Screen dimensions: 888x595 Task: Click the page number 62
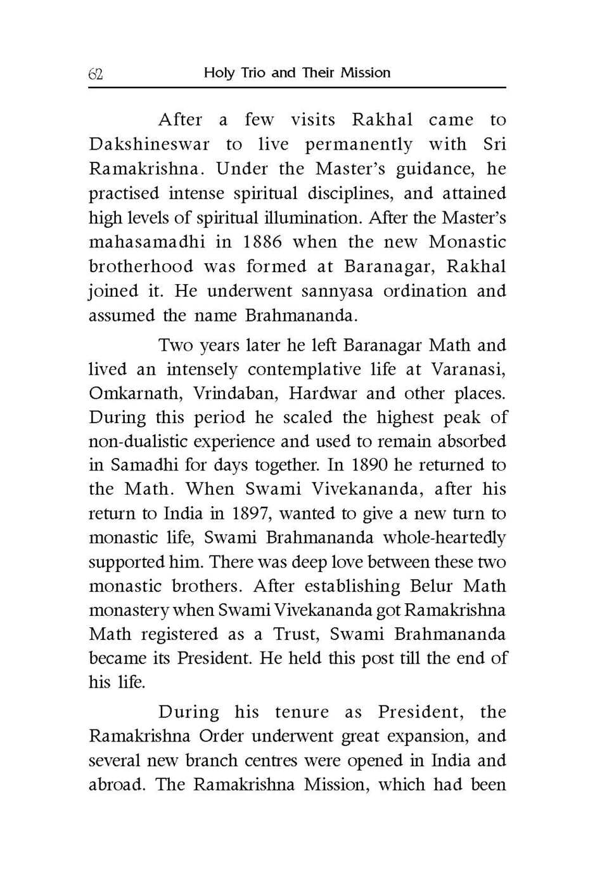tap(96, 74)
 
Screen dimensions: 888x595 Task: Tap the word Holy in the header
tap(219, 73)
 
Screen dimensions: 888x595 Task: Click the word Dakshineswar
tap(149, 145)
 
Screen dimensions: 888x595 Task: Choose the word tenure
tap(302, 712)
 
